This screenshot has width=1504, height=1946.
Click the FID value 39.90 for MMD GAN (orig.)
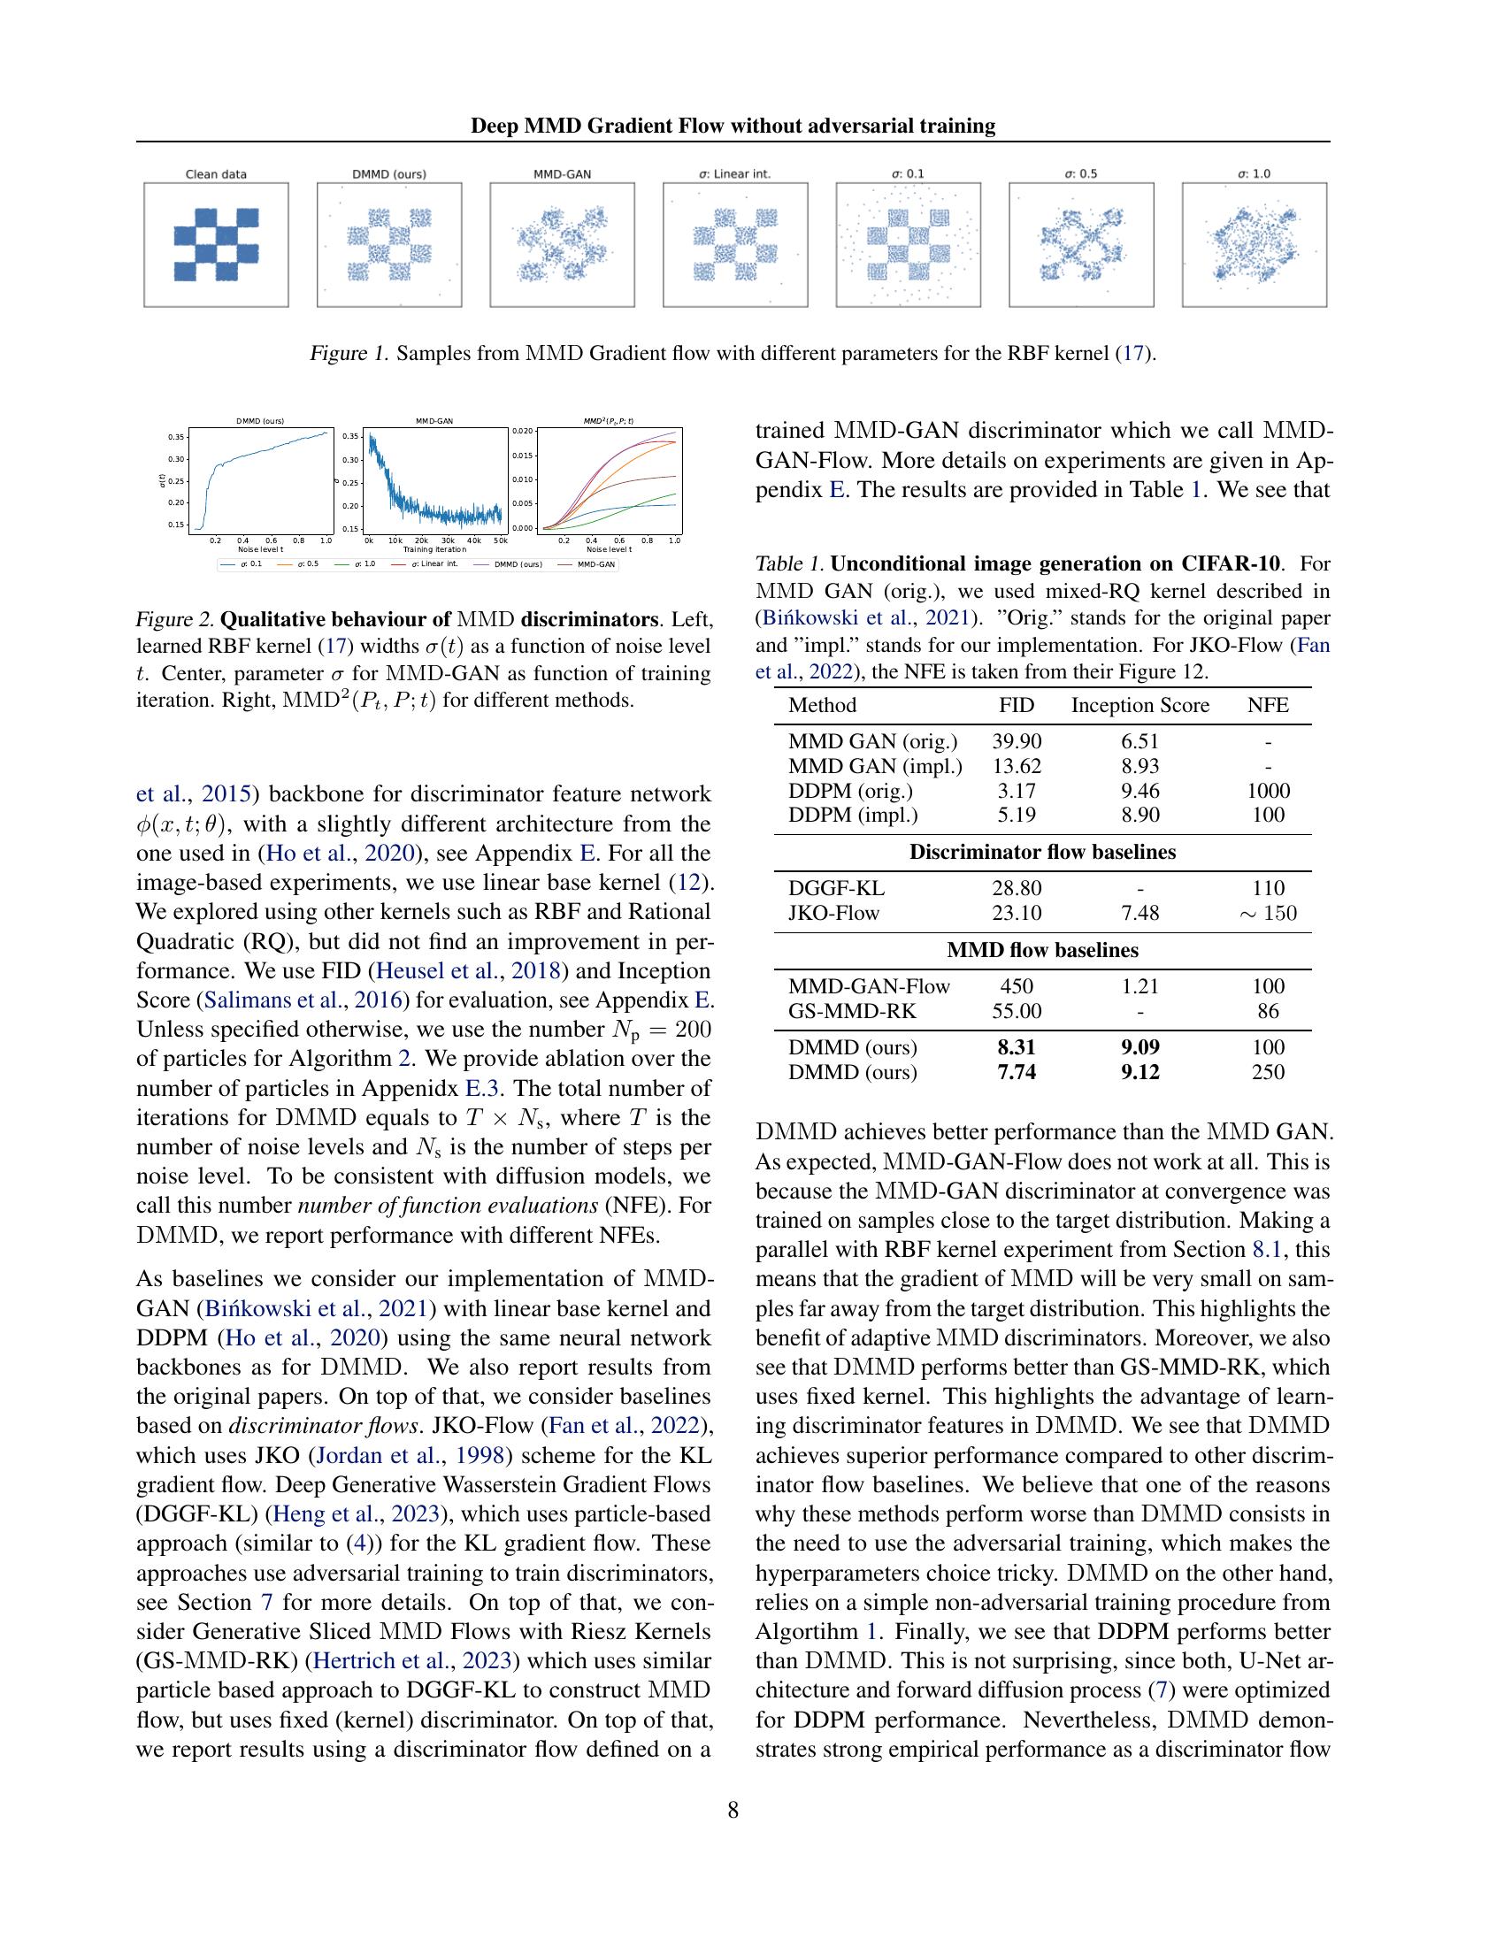tap(1017, 741)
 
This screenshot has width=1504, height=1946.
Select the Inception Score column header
tap(1140, 705)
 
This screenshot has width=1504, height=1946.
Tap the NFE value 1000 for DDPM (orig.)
tap(1268, 790)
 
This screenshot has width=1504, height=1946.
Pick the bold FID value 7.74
tap(1017, 1072)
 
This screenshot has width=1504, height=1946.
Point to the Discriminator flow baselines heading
tap(1042, 852)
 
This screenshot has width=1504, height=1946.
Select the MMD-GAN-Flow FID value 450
tap(1017, 986)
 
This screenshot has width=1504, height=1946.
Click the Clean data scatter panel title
tap(216, 173)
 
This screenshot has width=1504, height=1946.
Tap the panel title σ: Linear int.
tap(734, 173)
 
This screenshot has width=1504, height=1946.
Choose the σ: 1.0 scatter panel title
tap(1254, 173)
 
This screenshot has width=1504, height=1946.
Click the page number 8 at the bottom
tap(733, 1810)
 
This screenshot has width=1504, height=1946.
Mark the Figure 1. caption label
tap(349, 354)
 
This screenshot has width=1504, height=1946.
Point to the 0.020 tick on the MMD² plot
tap(522, 431)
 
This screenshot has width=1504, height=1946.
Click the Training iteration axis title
tap(434, 550)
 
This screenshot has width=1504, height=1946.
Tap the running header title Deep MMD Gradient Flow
tap(733, 126)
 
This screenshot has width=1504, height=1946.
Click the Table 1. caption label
tap(790, 564)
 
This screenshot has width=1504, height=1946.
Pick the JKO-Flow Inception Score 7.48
tap(1140, 913)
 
